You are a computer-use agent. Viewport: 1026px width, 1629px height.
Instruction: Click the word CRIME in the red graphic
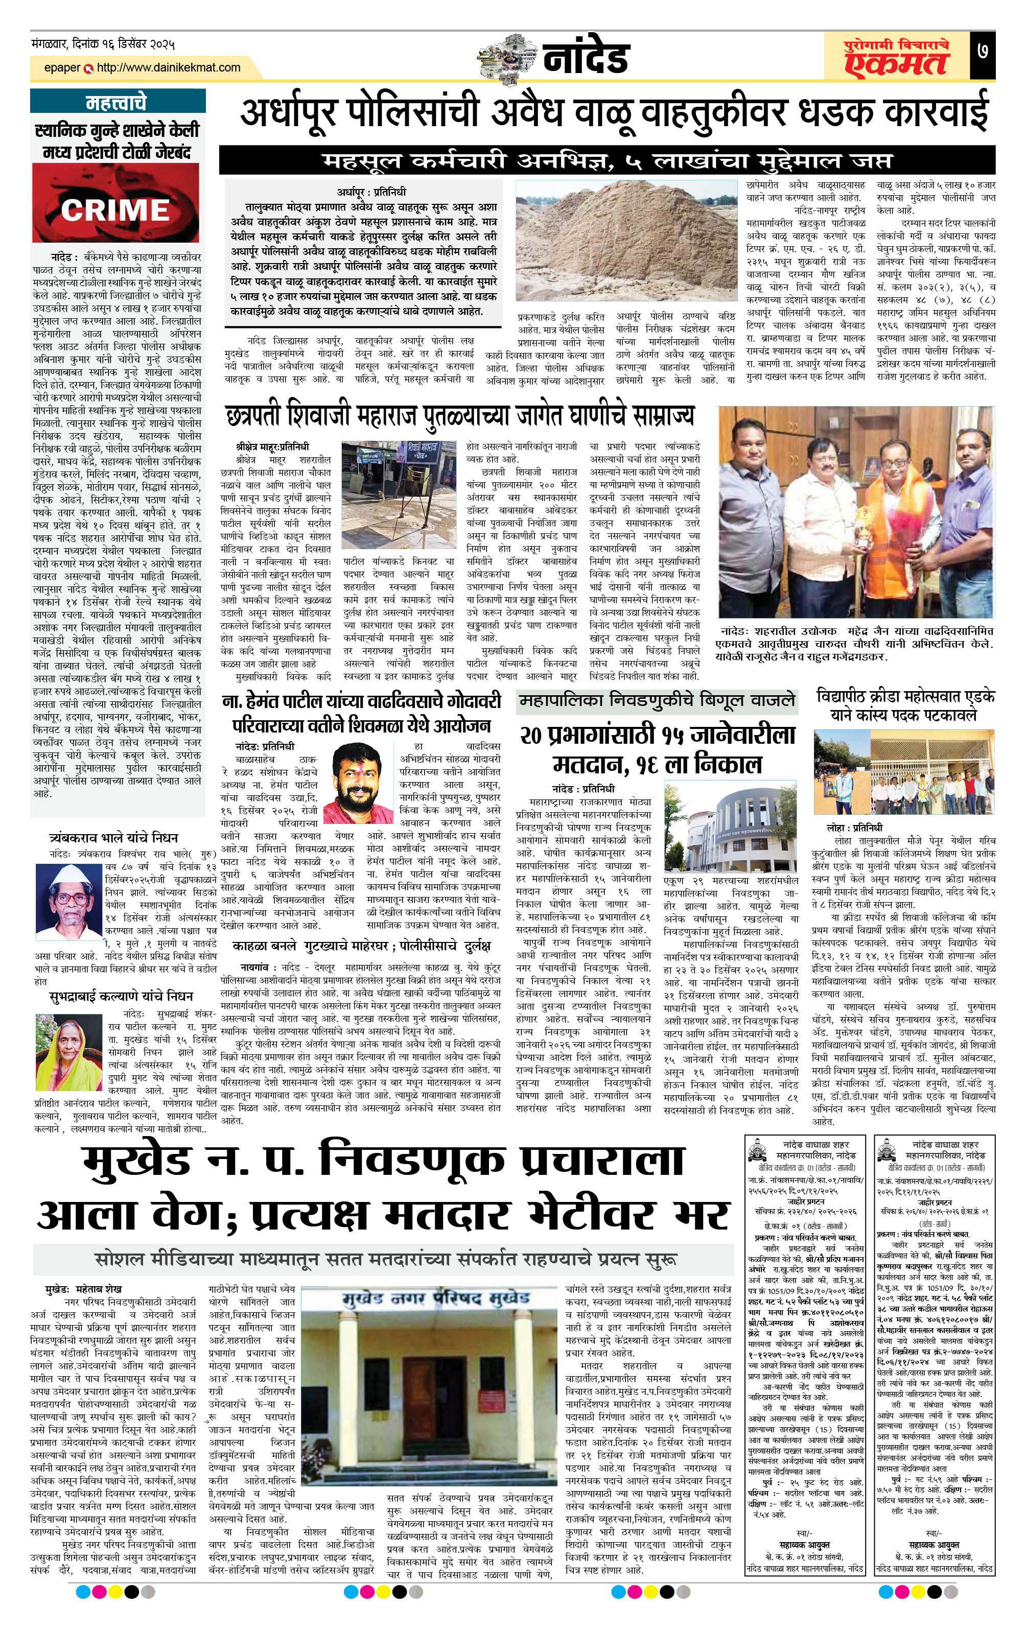pyautogui.click(x=115, y=210)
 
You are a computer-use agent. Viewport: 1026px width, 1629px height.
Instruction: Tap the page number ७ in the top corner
pyautogui.click(x=982, y=51)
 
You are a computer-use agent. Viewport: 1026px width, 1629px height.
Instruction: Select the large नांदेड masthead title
pyautogui.click(x=586, y=58)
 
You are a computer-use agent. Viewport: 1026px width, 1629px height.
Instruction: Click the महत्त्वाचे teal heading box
pyautogui.click(x=115, y=103)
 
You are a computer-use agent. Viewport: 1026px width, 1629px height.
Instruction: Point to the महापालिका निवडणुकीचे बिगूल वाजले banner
pyautogui.click(x=657, y=701)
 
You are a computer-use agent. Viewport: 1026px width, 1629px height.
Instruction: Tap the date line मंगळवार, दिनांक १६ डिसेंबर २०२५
pyautogui.click(x=103, y=44)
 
